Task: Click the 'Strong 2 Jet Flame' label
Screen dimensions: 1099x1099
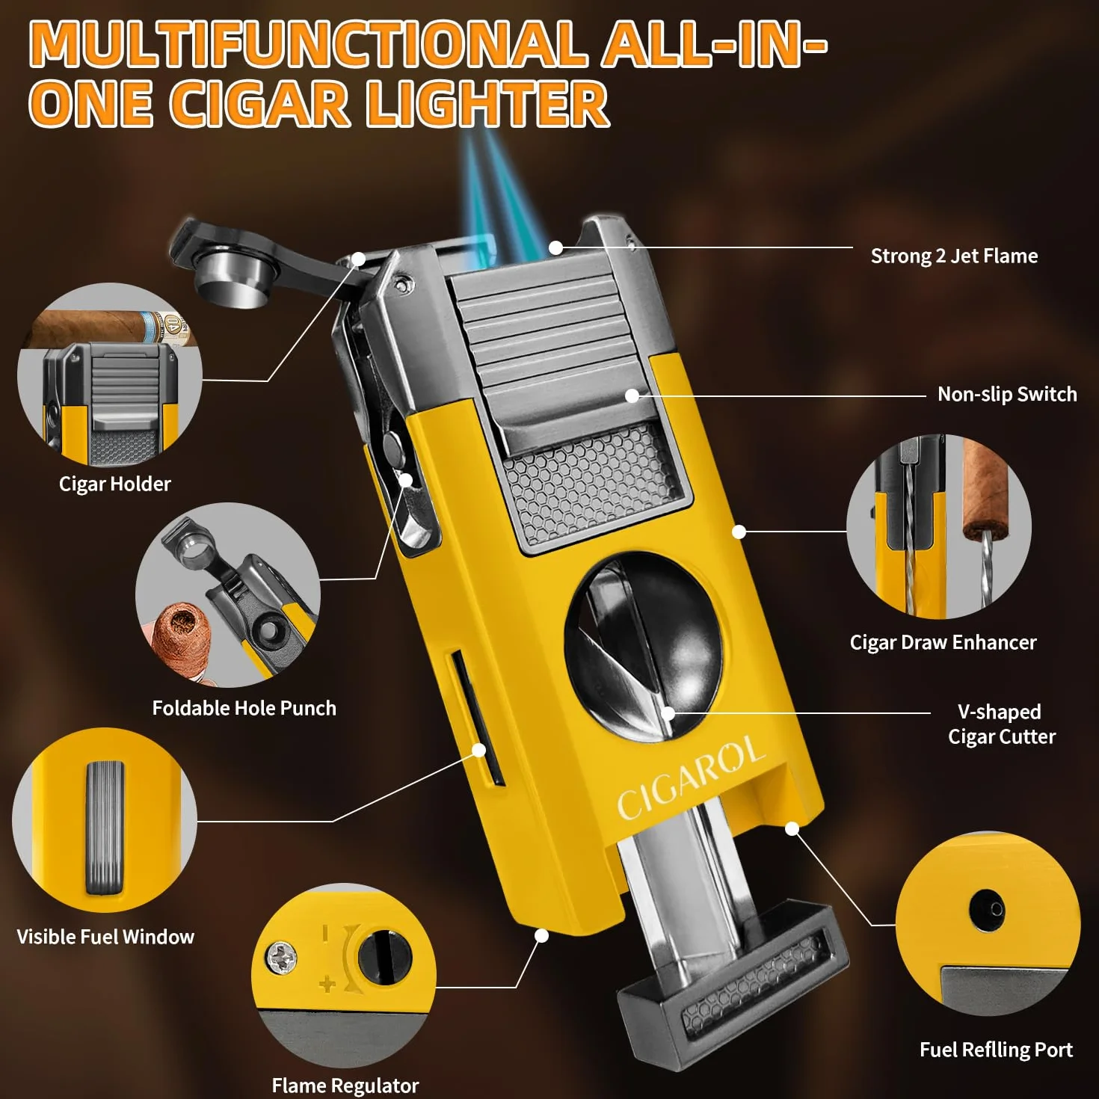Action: coord(954,256)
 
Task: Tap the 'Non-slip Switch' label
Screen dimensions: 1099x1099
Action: coord(1007,394)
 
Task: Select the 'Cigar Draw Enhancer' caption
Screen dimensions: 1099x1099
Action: coord(943,642)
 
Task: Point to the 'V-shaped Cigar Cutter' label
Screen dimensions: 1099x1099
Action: coord(1002,724)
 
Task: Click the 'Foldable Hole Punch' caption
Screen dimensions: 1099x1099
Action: coord(244,708)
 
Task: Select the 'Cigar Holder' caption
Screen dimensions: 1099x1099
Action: coord(114,484)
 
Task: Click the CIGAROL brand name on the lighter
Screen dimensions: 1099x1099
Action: coord(692,778)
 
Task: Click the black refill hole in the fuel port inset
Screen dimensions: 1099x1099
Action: coord(987,908)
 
